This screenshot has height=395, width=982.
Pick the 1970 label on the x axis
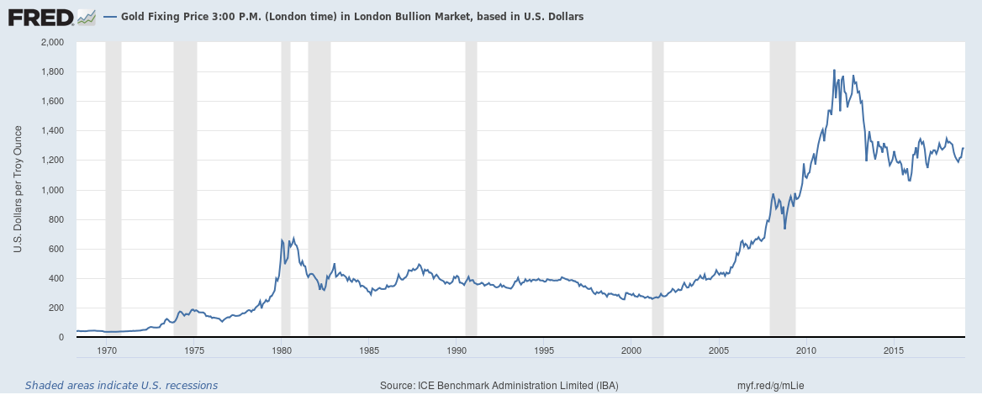pyautogui.click(x=107, y=350)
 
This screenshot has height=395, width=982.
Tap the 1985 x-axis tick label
pyautogui.click(x=368, y=350)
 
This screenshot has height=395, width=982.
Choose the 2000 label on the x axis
pyautogui.click(x=631, y=350)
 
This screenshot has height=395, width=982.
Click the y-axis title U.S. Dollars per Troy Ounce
pyautogui.click(x=17, y=190)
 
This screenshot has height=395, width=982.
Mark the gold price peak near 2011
pyautogui.click(x=833, y=70)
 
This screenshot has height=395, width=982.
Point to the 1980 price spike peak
pyautogui.click(x=282, y=240)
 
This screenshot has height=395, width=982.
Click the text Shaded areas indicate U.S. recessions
pyautogui.click(x=121, y=386)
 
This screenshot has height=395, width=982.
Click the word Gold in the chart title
pyautogui.click(x=135, y=17)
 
